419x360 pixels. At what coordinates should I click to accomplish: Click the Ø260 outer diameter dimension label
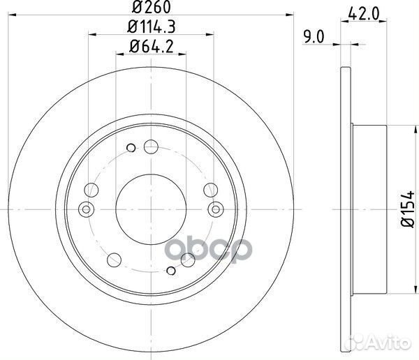point(152,7)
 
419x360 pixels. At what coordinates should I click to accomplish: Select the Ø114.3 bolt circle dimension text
point(152,27)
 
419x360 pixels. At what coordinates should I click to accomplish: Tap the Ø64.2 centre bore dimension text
point(152,46)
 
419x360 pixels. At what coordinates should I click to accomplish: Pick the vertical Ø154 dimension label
point(408,209)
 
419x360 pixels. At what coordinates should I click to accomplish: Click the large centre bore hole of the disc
point(151,209)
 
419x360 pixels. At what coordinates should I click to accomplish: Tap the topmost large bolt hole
point(151,147)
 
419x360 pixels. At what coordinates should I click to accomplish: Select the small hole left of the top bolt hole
point(131,148)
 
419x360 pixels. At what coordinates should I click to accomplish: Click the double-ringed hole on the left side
point(86,209)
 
